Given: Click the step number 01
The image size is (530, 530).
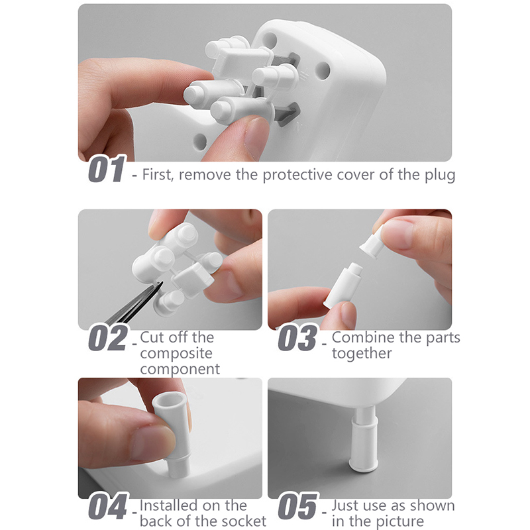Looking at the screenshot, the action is point(107,169).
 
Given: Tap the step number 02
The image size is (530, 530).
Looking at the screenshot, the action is point(108,338).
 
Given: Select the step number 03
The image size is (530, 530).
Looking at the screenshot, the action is point(297,338).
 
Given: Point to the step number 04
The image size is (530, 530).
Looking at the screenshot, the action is point(108,506).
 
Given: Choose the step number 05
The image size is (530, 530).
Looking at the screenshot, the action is point(297,506).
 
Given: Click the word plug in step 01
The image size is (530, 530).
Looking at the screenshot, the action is point(440,176).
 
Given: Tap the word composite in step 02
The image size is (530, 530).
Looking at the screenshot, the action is point(176,354).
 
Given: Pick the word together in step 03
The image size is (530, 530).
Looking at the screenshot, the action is point(362,354).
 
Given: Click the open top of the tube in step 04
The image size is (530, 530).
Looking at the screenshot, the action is point(169,399).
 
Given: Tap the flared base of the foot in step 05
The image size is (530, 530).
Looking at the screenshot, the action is point(363,465).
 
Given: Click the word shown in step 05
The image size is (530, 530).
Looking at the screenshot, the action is point(431,506).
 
